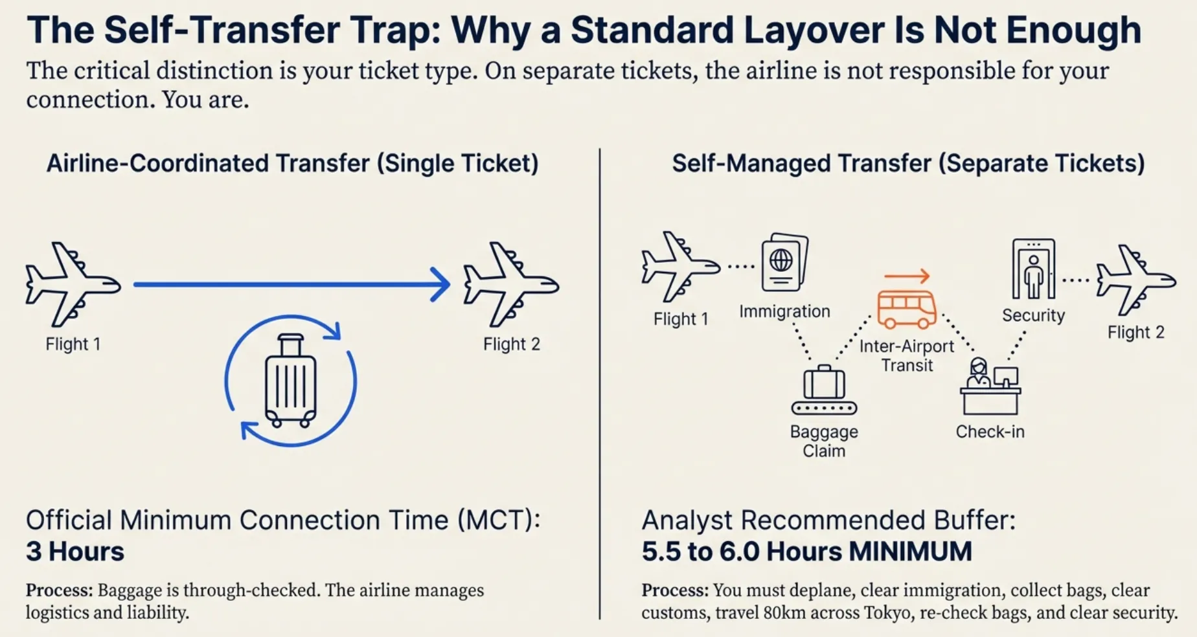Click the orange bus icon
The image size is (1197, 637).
point(906,309)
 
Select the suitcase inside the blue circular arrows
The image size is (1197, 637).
point(290,381)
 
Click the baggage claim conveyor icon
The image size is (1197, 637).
point(824,390)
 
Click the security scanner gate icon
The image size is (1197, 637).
point(1033,269)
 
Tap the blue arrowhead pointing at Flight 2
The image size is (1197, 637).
point(441,284)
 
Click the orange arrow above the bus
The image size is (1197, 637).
point(907,276)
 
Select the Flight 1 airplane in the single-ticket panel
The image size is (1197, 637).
point(72,284)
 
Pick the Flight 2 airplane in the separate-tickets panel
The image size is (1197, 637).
point(1135,279)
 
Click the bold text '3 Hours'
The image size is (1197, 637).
point(75,552)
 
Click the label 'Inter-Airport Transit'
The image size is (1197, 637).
point(906,355)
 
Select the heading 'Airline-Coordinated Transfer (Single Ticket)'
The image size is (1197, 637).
point(292,163)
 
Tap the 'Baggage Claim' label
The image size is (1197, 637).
point(824,441)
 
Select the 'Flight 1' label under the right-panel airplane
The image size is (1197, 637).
point(680,319)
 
